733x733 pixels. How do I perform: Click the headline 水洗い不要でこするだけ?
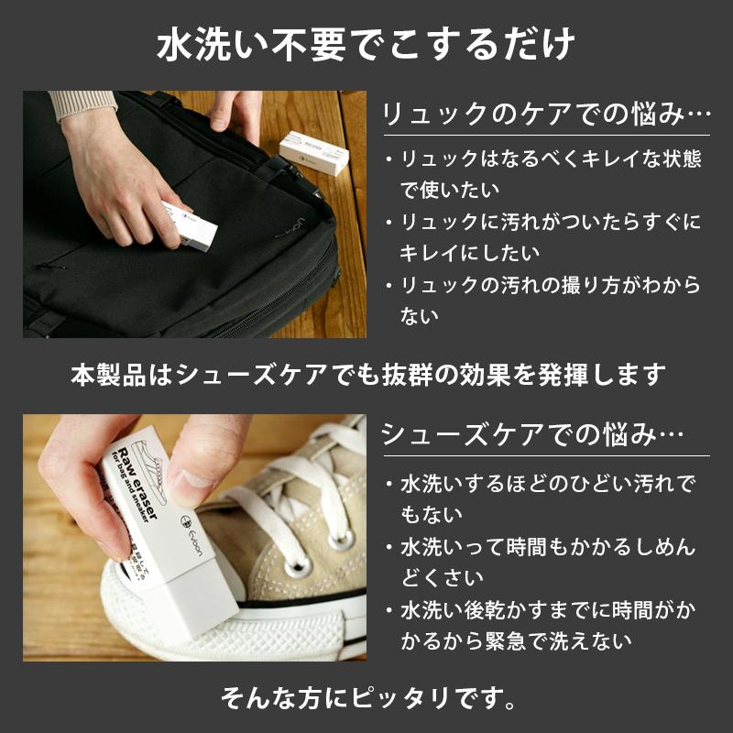(x=366, y=45)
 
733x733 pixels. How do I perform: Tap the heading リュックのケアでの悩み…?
(x=546, y=114)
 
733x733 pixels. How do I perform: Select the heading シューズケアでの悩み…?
(x=532, y=434)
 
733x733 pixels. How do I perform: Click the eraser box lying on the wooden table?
(x=313, y=152)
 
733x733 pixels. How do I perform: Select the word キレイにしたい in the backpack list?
(x=470, y=253)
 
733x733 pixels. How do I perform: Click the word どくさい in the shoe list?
(x=442, y=578)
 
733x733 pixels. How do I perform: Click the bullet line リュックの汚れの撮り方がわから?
(x=543, y=285)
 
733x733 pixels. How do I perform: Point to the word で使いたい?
(x=450, y=190)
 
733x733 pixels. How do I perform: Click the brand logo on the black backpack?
(x=290, y=227)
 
